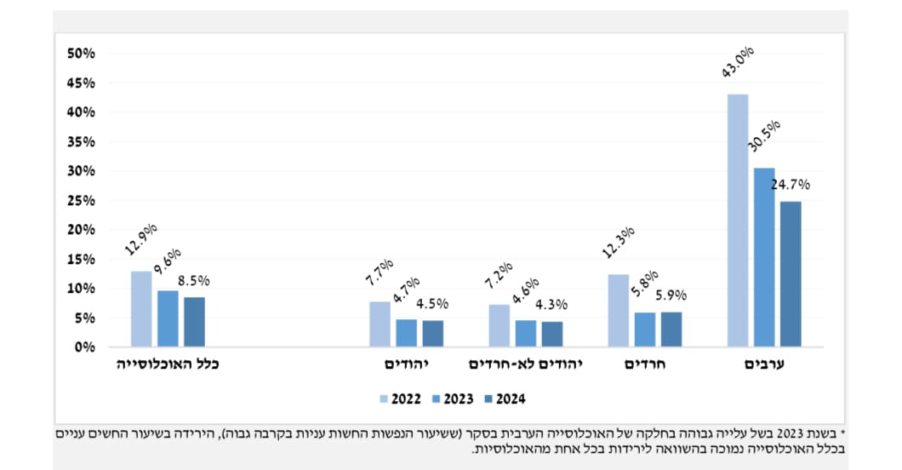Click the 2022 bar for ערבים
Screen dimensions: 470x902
738,221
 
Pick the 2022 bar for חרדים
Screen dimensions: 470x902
619,311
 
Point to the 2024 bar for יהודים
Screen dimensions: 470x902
433,334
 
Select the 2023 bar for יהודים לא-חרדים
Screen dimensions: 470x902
526,334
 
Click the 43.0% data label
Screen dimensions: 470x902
737,63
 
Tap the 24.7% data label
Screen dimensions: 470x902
791,184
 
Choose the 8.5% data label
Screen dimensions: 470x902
194,279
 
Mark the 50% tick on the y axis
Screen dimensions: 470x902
82,54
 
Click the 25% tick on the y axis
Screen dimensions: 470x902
82,200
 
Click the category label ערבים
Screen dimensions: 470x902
764,364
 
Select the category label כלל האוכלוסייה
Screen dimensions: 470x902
168,364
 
